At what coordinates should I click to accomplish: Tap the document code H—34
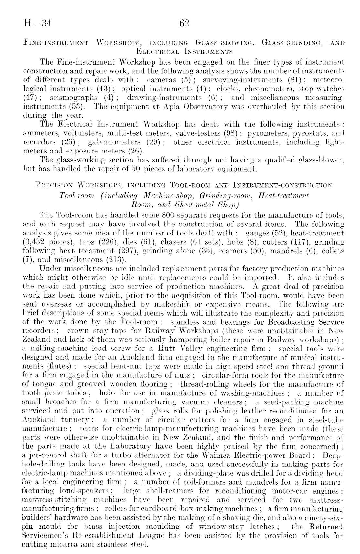[38, 23]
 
